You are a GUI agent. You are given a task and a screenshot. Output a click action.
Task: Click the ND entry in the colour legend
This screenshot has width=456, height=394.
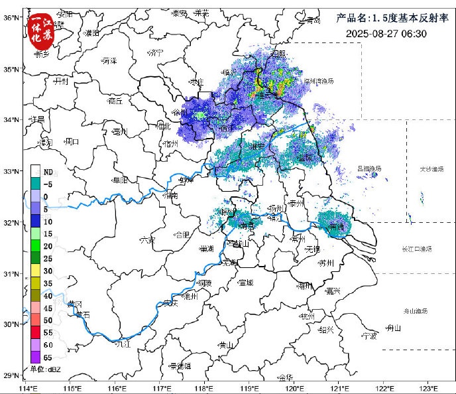pyautogui.click(x=48, y=172)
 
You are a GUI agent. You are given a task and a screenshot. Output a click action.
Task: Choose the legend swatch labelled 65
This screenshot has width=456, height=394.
pyautogui.click(x=36, y=356)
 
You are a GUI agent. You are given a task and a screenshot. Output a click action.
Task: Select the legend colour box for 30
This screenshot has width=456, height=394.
pyautogui.click(x=36, y=271)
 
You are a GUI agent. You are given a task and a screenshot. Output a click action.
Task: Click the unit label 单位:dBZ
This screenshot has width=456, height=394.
pyautogui.click(x=45, y=369)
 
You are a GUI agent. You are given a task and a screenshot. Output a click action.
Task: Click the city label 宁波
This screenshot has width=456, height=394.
pyautogui.click(x=369, y=336)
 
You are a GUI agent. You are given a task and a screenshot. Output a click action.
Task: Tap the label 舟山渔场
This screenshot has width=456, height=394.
pyautogui.click(x=416, y=311)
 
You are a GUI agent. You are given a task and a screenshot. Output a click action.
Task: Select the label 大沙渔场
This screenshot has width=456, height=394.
pyautogui.click(x=431, y=169)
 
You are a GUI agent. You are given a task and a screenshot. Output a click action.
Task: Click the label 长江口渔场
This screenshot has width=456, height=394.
pyautogui.click(x=416, y=249)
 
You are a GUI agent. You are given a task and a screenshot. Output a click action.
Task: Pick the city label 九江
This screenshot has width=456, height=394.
pyautogui.click(x=123, y=344)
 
